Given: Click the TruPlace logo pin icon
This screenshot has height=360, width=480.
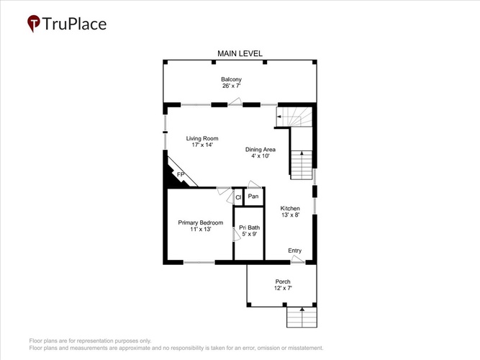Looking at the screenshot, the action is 34,23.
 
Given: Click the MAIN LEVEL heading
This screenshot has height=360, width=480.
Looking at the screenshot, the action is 240,53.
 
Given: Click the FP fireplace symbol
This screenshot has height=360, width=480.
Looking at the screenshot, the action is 181,174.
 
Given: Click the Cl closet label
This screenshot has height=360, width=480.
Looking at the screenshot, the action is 238,197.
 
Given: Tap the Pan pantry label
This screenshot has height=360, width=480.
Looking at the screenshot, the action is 253,196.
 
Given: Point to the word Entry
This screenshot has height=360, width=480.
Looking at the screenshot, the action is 295,251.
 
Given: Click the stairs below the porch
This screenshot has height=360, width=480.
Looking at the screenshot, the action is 302,318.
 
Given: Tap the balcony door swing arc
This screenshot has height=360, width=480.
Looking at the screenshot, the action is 236,102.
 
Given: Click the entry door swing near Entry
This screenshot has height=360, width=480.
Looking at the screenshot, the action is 298,259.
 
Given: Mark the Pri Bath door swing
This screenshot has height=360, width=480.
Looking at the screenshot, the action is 237,235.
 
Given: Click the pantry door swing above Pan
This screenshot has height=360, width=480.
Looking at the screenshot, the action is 254,184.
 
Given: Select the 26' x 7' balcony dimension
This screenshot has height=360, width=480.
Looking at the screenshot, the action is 232,86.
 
